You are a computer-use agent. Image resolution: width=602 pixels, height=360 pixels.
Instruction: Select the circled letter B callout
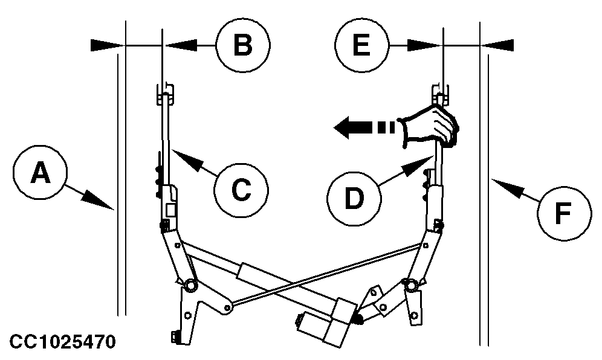point(242,45)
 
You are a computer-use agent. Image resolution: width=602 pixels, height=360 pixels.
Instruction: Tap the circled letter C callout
point(241,189)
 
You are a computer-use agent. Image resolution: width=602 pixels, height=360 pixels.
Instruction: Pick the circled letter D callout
point(354,197)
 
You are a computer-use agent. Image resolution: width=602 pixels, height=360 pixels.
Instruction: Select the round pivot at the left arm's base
point(189,284)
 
